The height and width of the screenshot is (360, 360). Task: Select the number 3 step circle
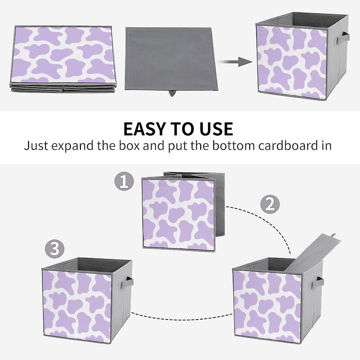55,249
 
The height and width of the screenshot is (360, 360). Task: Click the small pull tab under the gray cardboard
172,93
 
